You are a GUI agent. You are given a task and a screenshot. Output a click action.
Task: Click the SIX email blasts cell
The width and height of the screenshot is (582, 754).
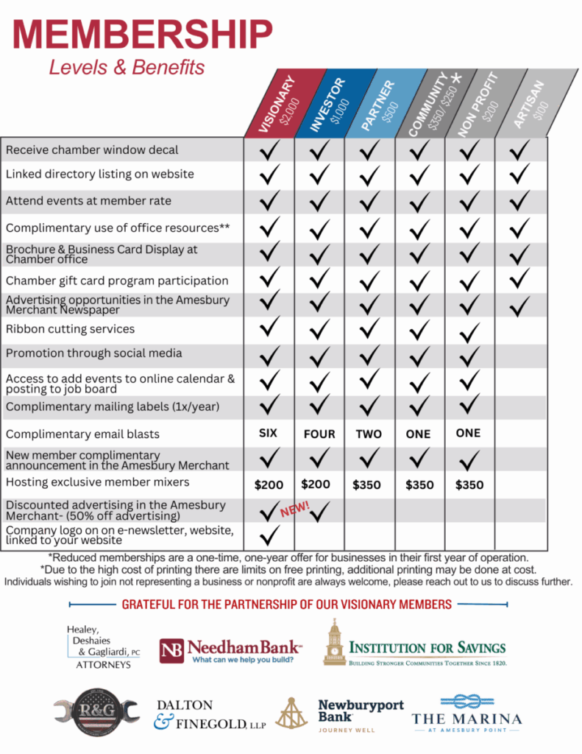coord(269,433)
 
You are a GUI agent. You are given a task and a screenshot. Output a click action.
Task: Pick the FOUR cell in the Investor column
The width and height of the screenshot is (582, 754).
coord(319,434)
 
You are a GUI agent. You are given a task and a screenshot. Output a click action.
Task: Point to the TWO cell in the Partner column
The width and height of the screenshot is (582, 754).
coord(369,434)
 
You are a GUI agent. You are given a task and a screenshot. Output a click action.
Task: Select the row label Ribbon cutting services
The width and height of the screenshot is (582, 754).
coord(71,329)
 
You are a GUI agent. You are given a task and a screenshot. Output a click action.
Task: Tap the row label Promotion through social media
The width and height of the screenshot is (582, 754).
coord(93,353)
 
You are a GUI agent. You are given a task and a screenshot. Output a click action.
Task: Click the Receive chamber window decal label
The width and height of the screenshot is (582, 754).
coord(92,150)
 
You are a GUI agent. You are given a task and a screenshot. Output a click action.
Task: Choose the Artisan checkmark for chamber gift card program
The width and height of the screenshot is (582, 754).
coord(519,278)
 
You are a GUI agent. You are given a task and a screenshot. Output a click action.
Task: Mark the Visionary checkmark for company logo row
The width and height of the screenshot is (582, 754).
coord(270,534)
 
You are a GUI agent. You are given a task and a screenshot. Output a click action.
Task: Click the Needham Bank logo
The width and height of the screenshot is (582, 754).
coord(230,650)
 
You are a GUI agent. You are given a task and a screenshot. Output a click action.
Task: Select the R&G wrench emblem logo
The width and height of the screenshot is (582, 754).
coord(96,712)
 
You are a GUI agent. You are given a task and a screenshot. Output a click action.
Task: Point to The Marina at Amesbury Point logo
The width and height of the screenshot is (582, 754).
coord(466,713)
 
